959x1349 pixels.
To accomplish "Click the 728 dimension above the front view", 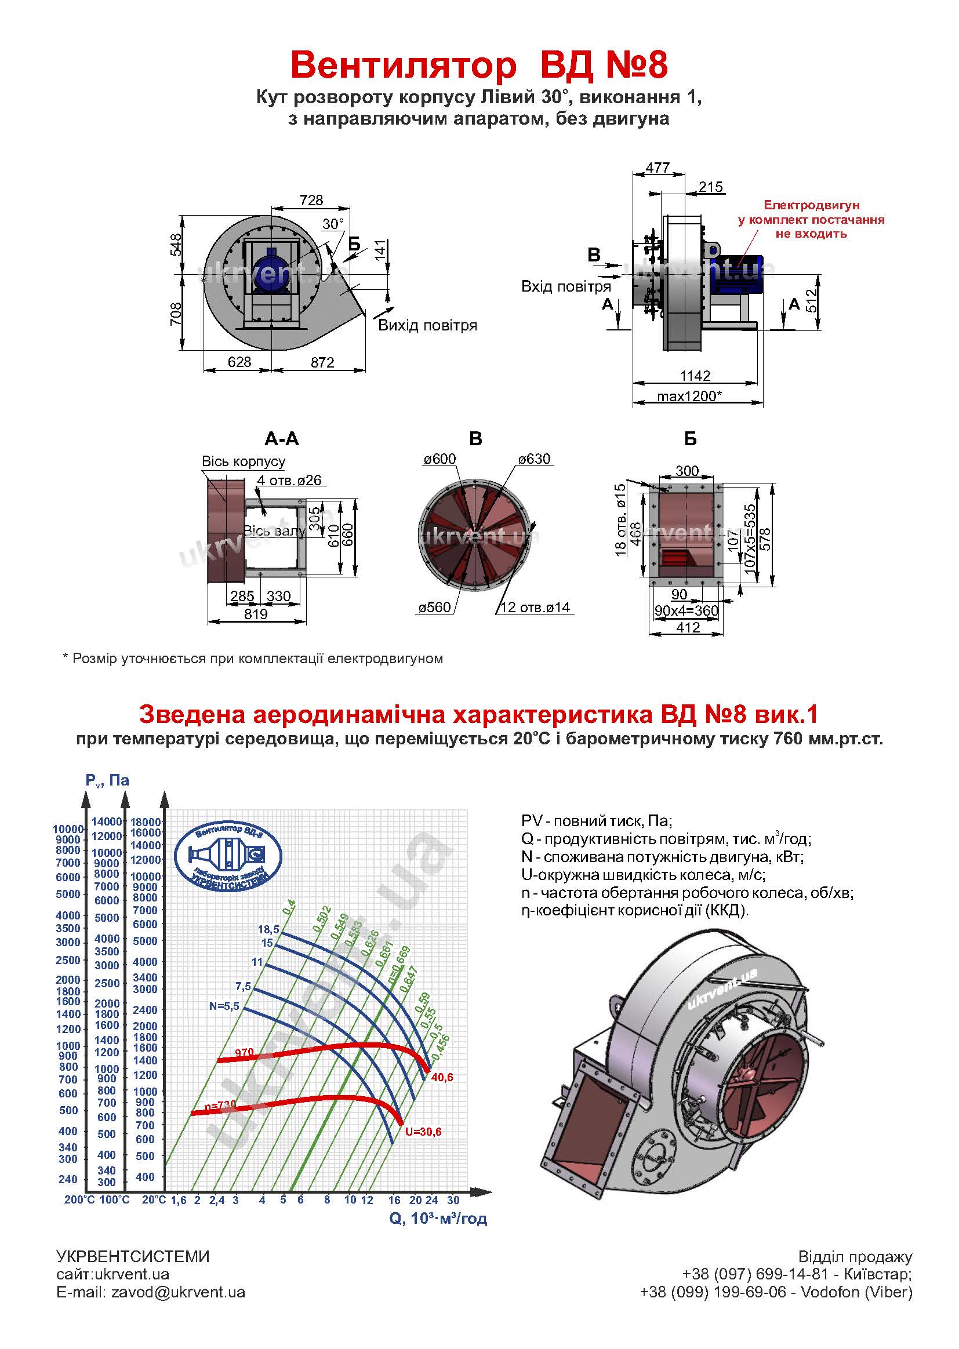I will pyautogui.click(x=311, y=200).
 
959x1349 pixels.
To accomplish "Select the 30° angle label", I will pyautogui.click(x=333, y=224).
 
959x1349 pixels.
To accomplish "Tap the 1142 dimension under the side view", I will pyautogui.click(x=695, y=376).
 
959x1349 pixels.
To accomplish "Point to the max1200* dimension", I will pyautogui.click(x=690, y=396).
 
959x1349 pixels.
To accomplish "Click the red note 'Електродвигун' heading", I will pyautogui.click(x=811, y=205).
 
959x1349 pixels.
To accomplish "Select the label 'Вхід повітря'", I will pyautogui.click(x=565, y=287).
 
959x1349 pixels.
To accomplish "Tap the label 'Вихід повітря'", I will pyautogui.click(x=427, y=325).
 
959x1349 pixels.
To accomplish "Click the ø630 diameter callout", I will pyautogui.click(x=534, y=459).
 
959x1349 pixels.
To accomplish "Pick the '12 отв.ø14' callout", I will pyautogui.click(x=535, y=608).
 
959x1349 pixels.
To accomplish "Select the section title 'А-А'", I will pyautogui.click(x=282, y=439).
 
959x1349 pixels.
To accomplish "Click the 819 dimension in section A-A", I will pyautogui.click(x=256, y=614).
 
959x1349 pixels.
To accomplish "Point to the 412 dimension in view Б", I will pyautogui.click(x=688, y=628).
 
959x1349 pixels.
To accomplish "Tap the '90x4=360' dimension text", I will pyautogui.click(x=686, y=611).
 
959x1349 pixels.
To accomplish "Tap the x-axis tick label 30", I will pyautogui.click(x=453, y=1199).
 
